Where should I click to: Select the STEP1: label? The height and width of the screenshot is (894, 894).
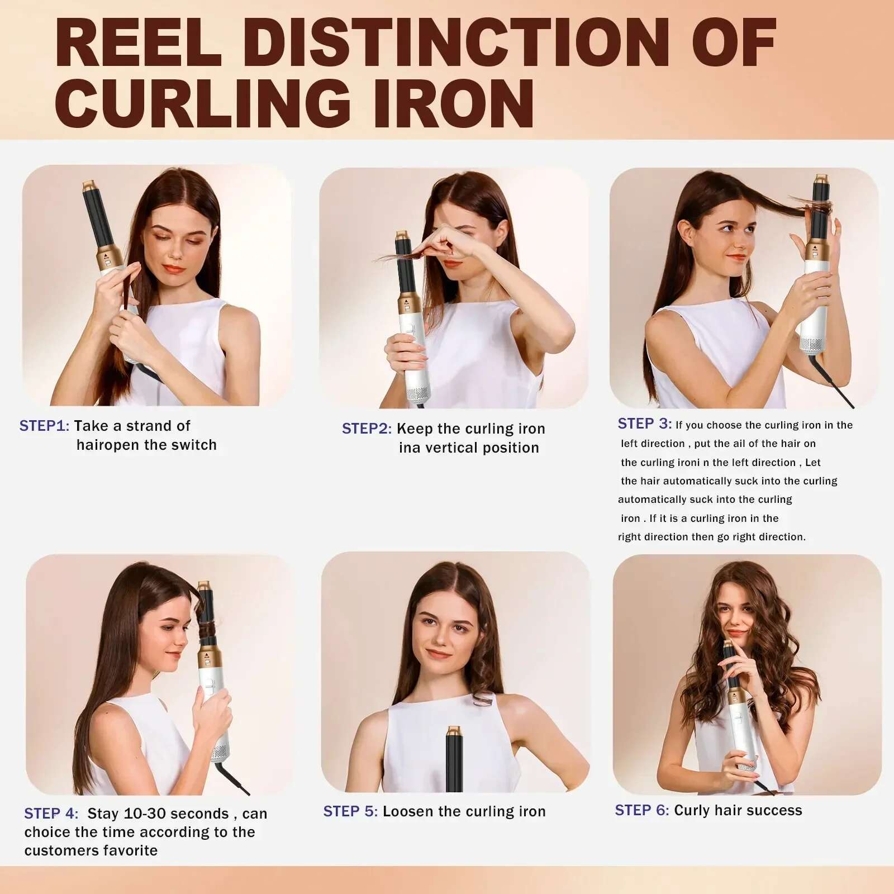44,426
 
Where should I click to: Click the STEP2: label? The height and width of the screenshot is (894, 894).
367,429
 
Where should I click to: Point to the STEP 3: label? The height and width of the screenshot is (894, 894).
644,424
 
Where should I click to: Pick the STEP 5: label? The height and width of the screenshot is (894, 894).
350,811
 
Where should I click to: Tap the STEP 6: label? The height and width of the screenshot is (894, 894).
641,810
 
